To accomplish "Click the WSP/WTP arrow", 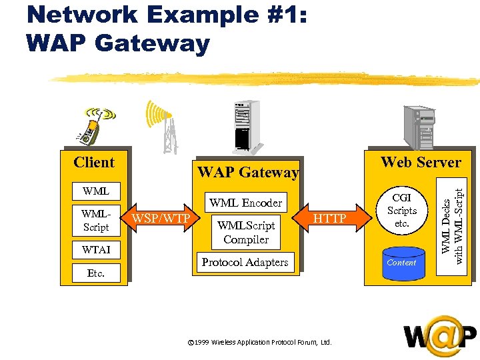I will tap(160, 219).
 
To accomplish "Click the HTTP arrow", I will tap(329, 219).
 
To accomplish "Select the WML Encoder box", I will tap(246, 203).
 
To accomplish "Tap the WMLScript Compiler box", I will tap(246, 231).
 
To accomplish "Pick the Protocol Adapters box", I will tap(245, 262).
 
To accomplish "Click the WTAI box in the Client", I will tap(96, 250).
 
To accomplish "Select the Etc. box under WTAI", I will tap(96, 273).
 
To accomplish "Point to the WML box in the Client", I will tap(96, 191).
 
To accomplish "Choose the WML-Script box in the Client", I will tap(96, 220).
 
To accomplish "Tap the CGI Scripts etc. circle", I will tap(401, 211).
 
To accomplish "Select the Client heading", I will tap(94, 162).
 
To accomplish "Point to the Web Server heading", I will tap(421, 162).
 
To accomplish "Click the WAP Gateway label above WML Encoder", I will tap(248, 172).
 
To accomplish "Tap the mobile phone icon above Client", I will tap(93, 125).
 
